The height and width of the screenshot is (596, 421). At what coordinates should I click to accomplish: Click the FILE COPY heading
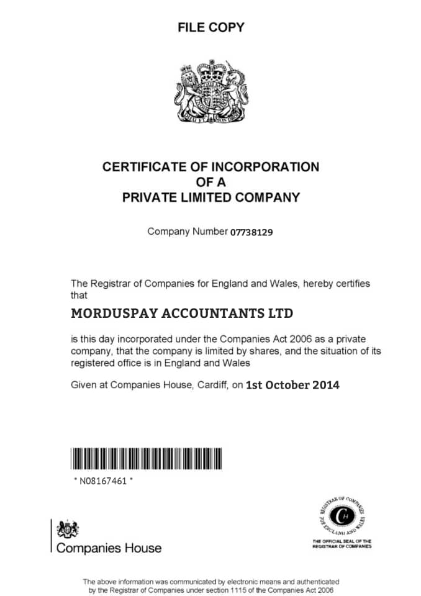pos(210,27)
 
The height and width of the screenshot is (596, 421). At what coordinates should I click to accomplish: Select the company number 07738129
pos(252,232)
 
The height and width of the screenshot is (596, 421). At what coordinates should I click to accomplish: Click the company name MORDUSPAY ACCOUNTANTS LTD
pos(182,313)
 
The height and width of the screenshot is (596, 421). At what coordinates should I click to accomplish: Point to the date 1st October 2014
pos(292,385)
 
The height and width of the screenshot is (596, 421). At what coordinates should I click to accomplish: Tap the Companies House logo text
pos(109,548)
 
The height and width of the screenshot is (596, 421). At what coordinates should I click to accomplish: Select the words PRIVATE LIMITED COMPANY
pos(210,198)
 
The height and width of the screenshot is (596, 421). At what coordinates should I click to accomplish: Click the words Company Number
pos(188,232)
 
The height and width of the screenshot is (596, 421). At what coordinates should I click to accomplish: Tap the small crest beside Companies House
pos(68,530)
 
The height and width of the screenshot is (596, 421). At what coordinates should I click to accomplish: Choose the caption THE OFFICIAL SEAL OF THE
pos(342,541)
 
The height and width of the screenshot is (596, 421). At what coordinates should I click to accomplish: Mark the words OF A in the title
pos(210,183)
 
